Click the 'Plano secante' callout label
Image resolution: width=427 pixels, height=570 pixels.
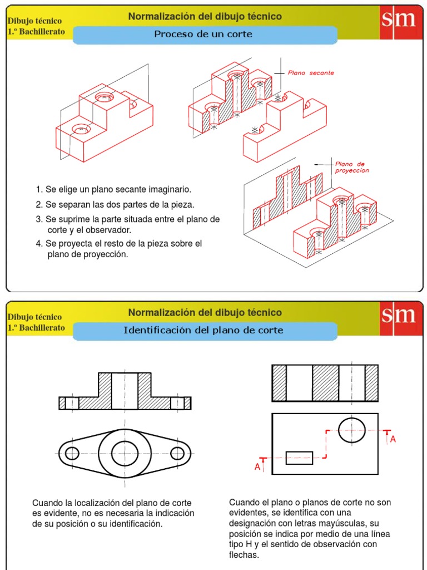pyautogui.click(x=311, y=73)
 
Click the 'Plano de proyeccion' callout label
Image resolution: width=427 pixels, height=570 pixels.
pyautogui.click(x=351, y=167)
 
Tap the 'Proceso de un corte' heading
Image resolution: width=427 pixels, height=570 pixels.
pyautogui.click(x=203, y=35)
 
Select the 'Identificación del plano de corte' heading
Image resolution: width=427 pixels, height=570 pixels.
pyautogui.click(x=203, y=331)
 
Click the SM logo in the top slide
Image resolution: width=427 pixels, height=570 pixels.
pyautogui.click(x=398, y=19)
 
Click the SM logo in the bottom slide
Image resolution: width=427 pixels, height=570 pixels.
pyautogui.click(x=398, y=316)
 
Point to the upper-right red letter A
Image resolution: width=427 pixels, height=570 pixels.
pyautogui.click(x=393, y=439)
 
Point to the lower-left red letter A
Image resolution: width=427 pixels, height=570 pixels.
pyautogui.click(x=257, y=467)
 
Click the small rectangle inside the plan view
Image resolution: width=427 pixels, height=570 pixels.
pyautogui.click(x=299, y=458)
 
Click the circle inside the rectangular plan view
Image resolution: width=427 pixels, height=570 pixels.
pyautogui.click(x=351, y=429)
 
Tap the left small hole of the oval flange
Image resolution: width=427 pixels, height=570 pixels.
pyautogui.click(x=72, y=453)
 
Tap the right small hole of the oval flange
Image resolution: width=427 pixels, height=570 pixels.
pyautogui.click(x=177, y=453)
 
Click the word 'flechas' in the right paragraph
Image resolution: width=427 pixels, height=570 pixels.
pyautogui.click(x=244, y=554)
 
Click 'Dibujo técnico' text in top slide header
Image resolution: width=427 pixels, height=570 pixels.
pyautogui.click(x=34, y=21)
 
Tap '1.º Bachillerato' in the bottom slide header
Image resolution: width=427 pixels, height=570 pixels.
pyautogui.click(x=36, y=327)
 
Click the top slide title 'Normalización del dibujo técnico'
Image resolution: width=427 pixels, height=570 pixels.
pyautogui.click(x=205, y=17)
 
